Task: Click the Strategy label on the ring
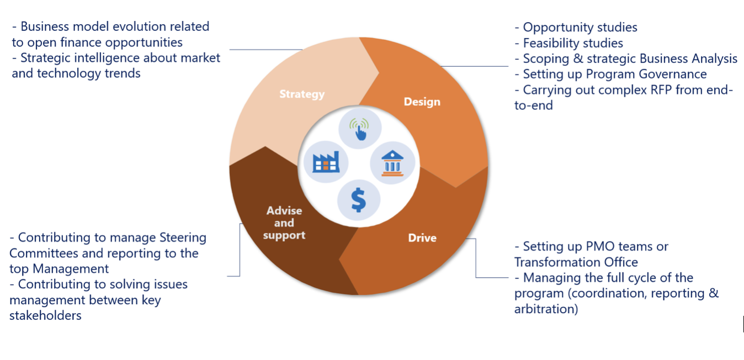(301, 94)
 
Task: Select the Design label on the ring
(422, 102)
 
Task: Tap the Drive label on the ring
(422, 238)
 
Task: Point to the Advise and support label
(284, 223)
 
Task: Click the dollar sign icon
(358, 200)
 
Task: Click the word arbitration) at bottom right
(546, 309)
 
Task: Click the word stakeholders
(45, 316)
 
